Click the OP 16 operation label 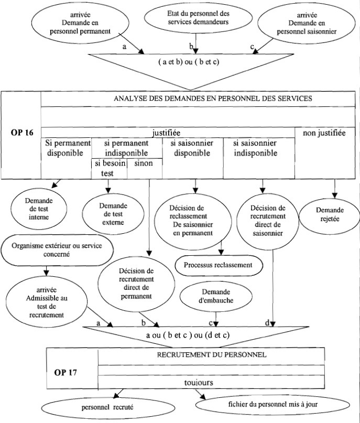tap(21, 132)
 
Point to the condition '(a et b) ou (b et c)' tap(196, 62)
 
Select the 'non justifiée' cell tap(324, 133)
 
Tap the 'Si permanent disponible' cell tap(66, 148)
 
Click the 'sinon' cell tap(144, 164)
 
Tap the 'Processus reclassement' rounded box tap(217, 265)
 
